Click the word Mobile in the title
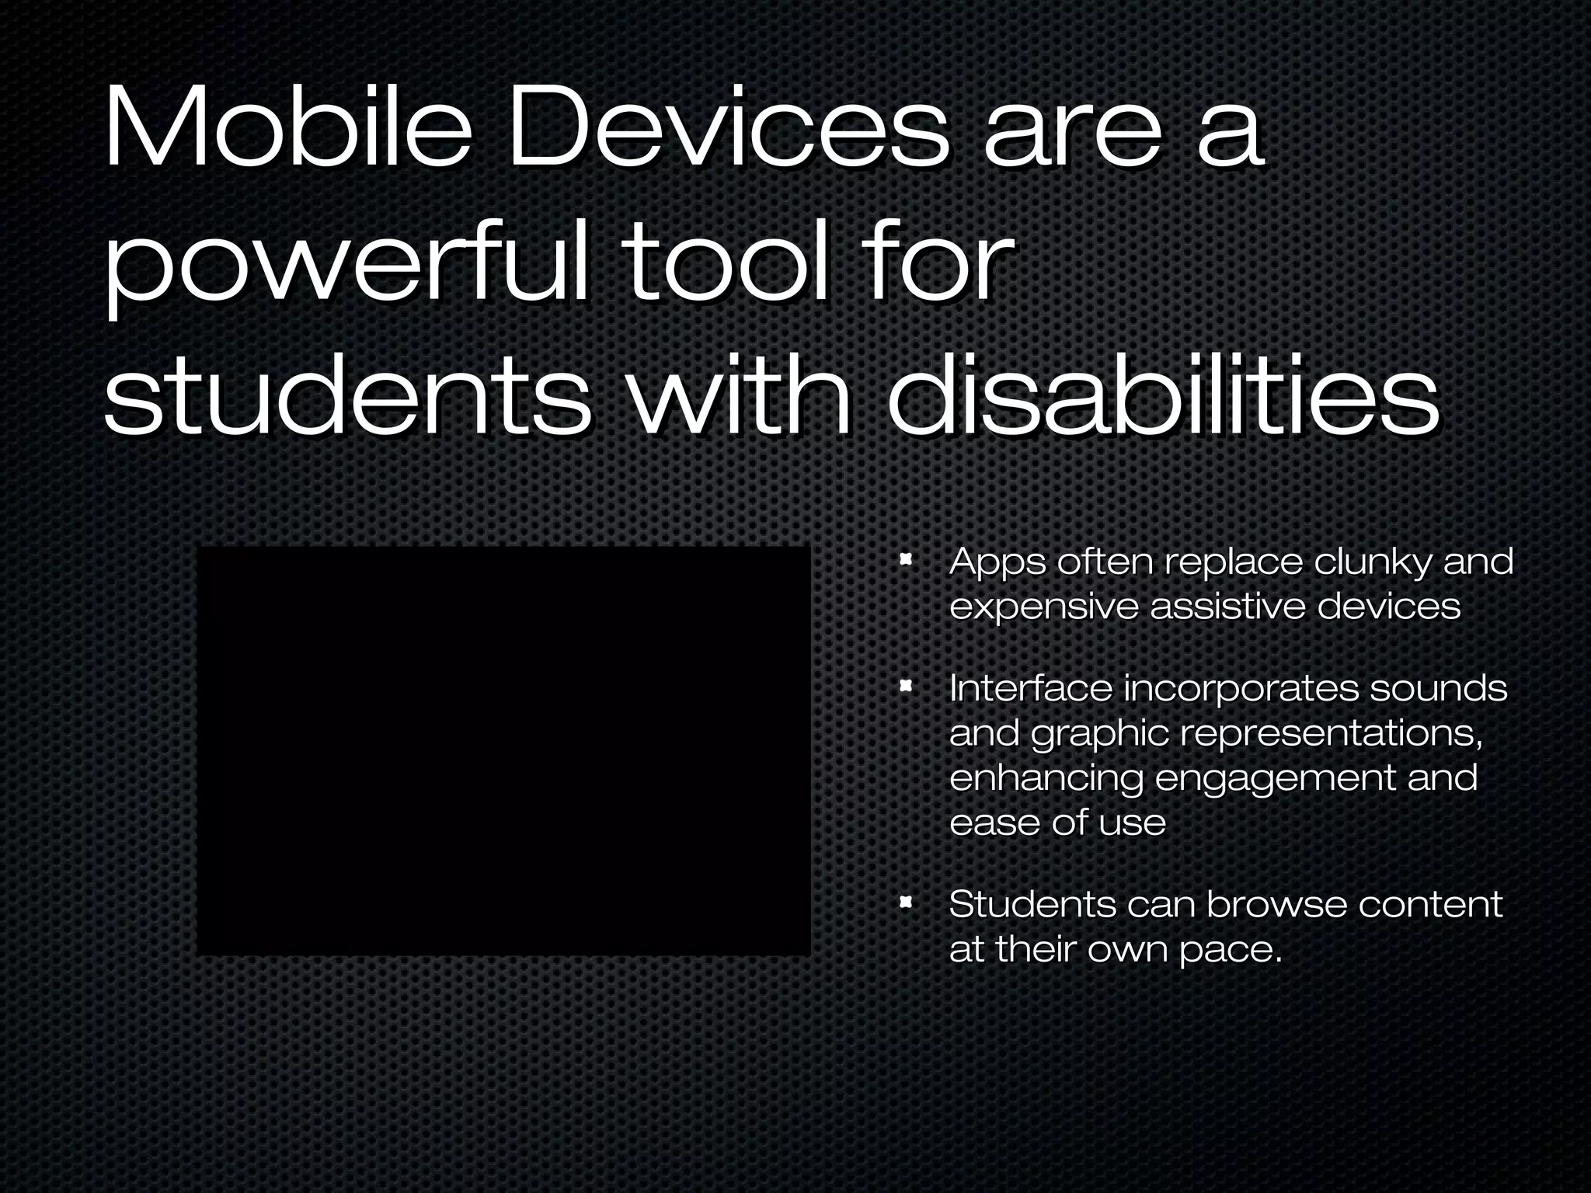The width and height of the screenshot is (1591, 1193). click(287, 128)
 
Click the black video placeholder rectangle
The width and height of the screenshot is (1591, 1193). click(503, 750)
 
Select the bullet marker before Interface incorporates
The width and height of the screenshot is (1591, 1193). click(905, 687)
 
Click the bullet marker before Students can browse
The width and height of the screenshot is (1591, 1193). click(905, 903)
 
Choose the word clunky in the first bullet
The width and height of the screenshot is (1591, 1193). click(1372, 562)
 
